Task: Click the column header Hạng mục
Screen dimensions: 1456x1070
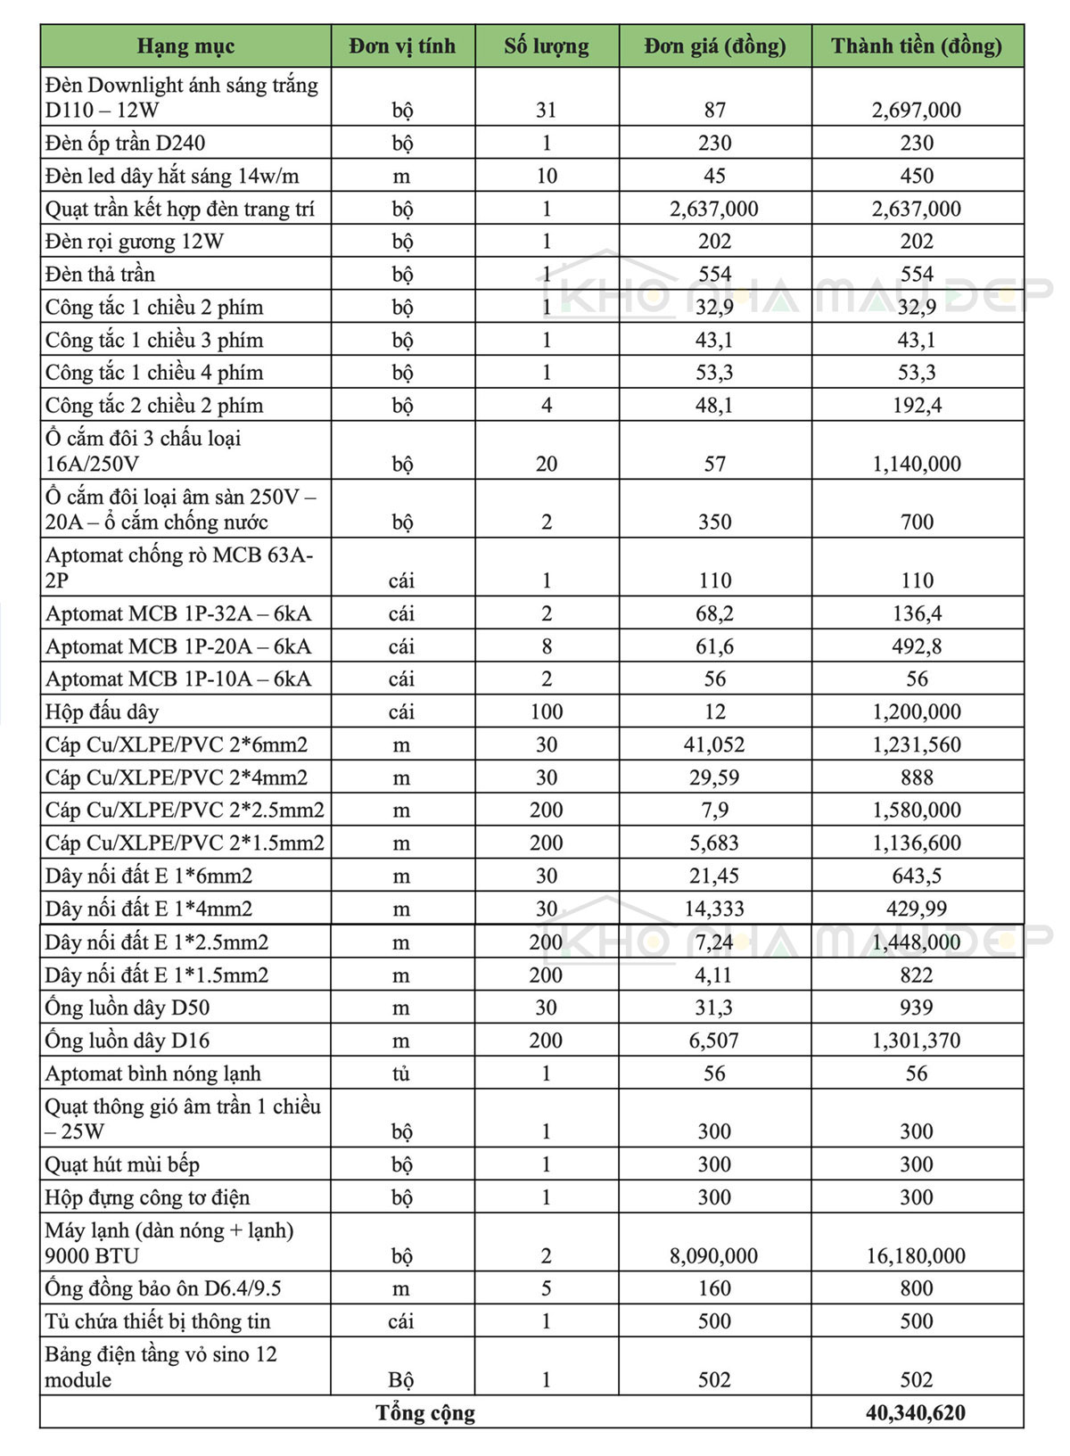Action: click(x=185, y=46)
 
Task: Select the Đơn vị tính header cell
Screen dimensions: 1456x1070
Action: click(x=402, y=46)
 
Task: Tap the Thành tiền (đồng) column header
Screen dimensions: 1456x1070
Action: click(x=917, y=46)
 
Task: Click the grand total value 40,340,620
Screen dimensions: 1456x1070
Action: click(x=916, y=1412)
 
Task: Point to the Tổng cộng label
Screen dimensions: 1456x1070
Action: click(x=425, y=1412)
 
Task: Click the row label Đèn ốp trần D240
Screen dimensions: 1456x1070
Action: click(x=126, y=143)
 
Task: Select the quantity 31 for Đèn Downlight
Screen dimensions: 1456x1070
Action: click(x=547, y=110)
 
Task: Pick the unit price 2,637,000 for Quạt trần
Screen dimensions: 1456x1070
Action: click(x=714, y=209)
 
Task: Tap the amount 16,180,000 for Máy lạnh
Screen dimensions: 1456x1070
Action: click(x=916, y=1255)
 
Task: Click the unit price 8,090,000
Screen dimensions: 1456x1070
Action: click(x=714, y=1255)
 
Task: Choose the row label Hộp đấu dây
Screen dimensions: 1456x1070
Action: click(x=103, y=712)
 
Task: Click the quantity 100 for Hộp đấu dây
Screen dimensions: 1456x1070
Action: click(x=547, y=712)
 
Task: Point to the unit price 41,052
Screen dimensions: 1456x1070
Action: click(x=714, y=744)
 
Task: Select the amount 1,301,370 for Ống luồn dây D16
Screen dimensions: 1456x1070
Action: click(x=916, y=1041)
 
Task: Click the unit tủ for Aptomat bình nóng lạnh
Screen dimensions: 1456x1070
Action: click(x=401, y=1073)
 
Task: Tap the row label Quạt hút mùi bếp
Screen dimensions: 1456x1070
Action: click(x=123, y=1164)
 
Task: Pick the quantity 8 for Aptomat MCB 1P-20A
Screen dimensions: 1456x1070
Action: click(x=547, y=646)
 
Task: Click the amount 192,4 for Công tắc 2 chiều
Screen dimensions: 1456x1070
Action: click(x=917, y=406)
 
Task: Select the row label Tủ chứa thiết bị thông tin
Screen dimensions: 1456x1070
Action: click(x=158, y=1321)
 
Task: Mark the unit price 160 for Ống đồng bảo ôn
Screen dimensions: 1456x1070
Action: click(x=714, y=1288)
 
